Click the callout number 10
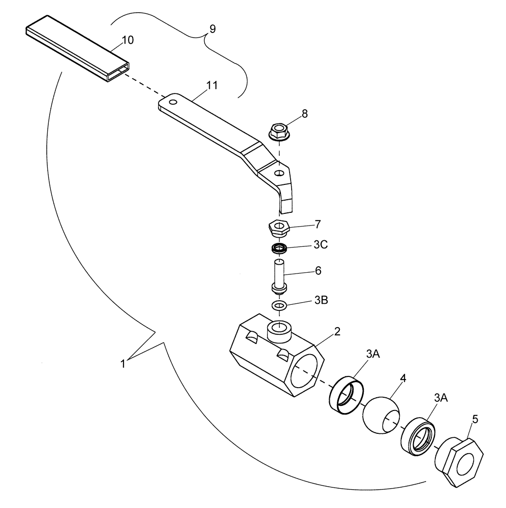128,40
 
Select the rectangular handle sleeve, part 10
76,48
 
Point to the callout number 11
211,85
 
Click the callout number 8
304,114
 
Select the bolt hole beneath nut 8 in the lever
278,173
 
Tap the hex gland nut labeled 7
279,227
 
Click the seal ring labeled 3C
278,249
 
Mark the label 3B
321,300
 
